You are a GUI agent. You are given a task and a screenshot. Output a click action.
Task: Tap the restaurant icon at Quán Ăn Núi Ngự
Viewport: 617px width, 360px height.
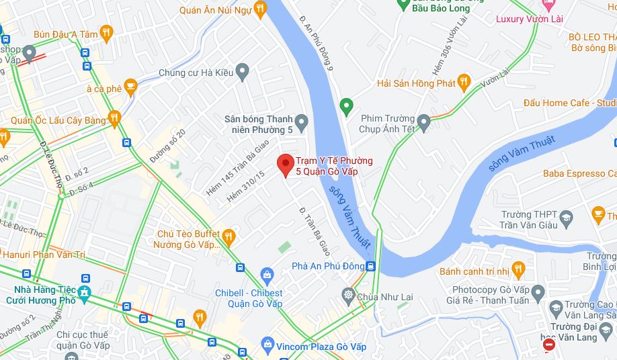click(261, 9)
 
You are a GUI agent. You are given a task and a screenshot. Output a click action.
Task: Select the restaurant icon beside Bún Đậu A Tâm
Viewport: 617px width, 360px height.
click(106, 34)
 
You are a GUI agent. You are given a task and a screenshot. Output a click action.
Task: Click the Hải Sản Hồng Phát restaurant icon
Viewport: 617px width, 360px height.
click(464, 83)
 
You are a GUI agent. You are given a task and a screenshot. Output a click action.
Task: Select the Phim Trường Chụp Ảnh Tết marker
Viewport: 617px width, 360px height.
click(423, 123)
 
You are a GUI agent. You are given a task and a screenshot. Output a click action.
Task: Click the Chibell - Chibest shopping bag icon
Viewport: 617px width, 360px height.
click(268, 275)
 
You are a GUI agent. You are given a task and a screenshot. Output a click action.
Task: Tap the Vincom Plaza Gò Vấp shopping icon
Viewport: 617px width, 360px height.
click(268, 346)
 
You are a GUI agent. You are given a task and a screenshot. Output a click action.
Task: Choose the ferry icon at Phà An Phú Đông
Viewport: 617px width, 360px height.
click(370, 266)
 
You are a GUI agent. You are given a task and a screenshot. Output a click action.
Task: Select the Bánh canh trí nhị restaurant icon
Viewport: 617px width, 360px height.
click(518, 271)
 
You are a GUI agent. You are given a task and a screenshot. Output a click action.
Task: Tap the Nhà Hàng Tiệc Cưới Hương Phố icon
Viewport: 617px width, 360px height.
click(85, 294)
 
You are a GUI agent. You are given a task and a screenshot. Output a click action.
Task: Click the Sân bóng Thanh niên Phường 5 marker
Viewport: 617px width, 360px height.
click(302, 123)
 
